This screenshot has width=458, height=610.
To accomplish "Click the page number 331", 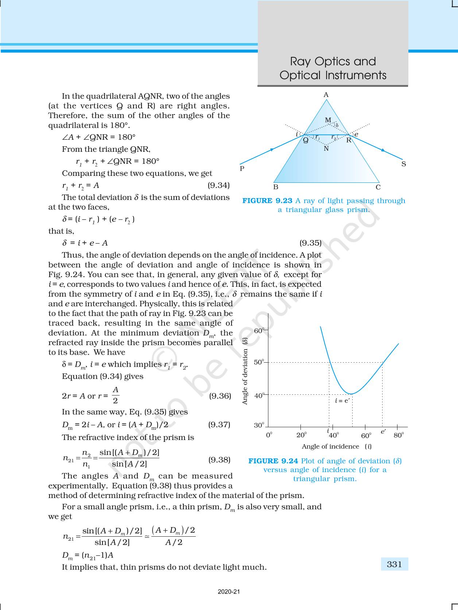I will point(394,564).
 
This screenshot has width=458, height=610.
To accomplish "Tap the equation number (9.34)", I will point(218,185).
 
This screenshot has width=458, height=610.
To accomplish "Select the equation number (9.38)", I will point(219,459).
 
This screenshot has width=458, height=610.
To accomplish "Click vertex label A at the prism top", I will point(326,95).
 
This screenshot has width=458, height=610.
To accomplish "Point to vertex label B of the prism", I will point(276,188).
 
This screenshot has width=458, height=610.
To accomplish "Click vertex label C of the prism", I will point(378,188).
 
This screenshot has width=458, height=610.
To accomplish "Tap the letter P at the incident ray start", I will point(242,169).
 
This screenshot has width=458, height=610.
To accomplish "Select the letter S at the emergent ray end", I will point(404,164).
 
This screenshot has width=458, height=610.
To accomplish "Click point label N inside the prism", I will point(326,148).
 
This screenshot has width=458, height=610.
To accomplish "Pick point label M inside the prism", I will point(328,120).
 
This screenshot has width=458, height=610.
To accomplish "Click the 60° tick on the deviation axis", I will point(259,331).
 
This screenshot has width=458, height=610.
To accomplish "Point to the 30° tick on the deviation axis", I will point(259,425).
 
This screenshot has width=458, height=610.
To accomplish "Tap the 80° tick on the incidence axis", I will point(399,435).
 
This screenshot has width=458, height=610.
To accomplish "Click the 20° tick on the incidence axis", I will point(301,435).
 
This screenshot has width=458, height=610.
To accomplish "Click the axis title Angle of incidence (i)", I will point(336,447).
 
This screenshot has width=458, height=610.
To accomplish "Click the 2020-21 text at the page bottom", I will point(229,592).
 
